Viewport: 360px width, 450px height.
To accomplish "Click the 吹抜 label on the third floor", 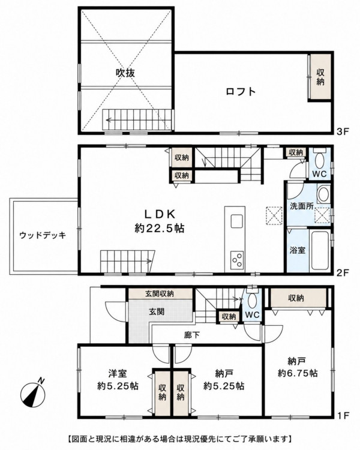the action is [x=125, y=73].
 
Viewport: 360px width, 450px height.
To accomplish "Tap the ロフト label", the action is [x=241, y=92].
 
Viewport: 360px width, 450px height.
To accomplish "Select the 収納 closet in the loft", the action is [x=320, y=77].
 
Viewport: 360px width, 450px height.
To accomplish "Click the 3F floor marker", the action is [x=343, y=132].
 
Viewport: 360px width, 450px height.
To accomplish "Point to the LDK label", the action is [x=160, y=214].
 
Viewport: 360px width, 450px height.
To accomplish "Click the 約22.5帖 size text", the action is [x=160, y=229].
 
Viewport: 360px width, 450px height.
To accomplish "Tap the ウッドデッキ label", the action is [x=43, y=235].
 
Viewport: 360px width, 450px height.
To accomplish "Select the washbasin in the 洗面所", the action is [x=324, y=194].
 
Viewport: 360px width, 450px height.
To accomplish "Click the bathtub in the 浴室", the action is [x=319, y=250].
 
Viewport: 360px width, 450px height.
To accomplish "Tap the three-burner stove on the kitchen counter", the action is [x=237, y=260].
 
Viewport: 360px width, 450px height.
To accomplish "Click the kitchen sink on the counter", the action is [x=237, y=221].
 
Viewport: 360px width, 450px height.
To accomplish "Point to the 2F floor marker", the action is [x=343, y=272].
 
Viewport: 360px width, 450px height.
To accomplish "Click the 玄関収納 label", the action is [x=160, y=293].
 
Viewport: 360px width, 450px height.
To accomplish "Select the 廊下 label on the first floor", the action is [x=192, y=335].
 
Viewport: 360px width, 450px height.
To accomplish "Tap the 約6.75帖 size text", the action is [x=298, y=373].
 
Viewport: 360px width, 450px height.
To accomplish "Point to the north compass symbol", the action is [x=33, y=395].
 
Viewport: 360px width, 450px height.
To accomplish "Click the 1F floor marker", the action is [x=343, y=415].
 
